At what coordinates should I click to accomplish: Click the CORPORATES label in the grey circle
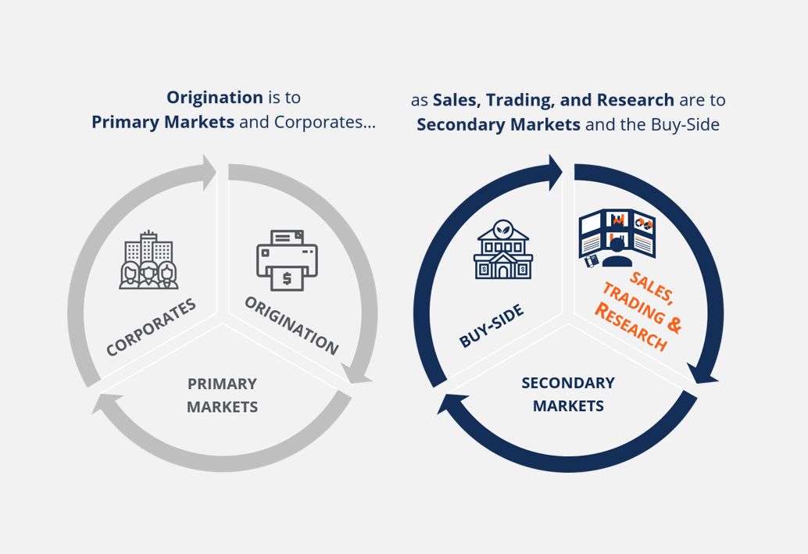(x=151, y=327)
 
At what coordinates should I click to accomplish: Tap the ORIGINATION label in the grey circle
(x=291, y=324)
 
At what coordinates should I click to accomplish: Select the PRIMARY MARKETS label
(x=222, y=395)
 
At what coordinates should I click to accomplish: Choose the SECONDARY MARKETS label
(x=568, y=395)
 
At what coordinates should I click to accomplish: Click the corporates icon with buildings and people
(x=148, y=260)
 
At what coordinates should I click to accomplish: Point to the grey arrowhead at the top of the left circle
(x=209, y=172)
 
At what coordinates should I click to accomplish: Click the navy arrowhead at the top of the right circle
(x=555, y=172)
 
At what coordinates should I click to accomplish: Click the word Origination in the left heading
(x=214, y=98)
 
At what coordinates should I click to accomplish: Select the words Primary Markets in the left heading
(x=163, y=123)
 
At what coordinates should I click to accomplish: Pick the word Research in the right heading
(x=635, y=100)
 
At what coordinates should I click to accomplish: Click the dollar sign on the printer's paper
(x=287, y=278)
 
